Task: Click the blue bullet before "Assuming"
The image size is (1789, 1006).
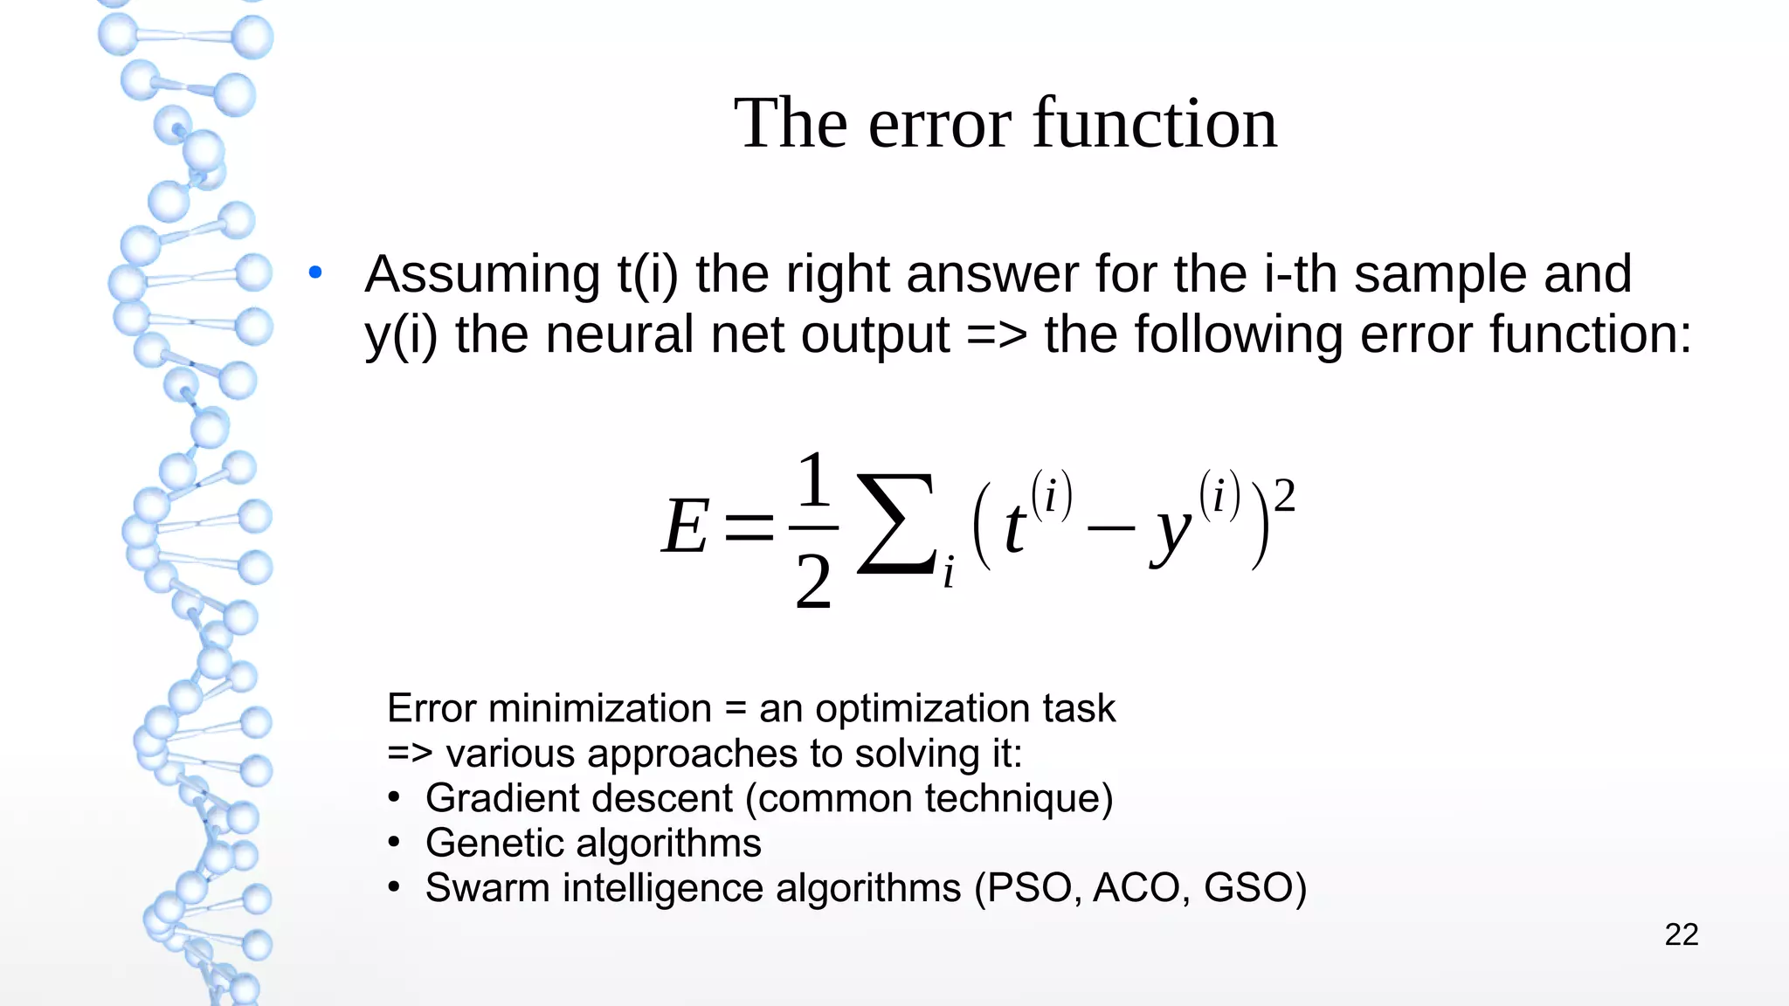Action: click(x=315, y=273)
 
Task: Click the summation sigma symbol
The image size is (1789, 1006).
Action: click(x=895, y=524)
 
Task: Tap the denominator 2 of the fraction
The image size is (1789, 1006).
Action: click(x=813, y=582)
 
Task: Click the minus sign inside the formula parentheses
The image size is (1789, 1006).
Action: click(x=1111, y=528)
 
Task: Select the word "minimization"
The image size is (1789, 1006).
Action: click(x=600, y=708)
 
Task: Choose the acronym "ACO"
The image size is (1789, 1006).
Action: click(x=1142, y=888)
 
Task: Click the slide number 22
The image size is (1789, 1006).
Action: click(x=1681, y=934)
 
